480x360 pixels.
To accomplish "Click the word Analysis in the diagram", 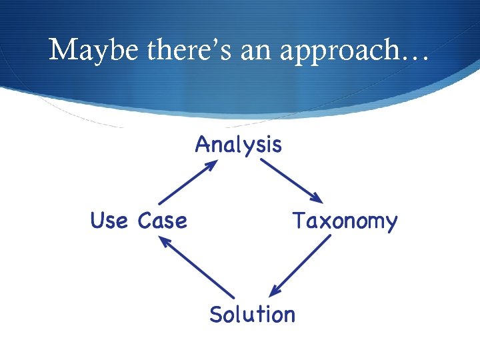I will pos(238,145).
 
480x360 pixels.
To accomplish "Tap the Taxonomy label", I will pos(345,221).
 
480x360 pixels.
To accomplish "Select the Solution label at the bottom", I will pos(252,313).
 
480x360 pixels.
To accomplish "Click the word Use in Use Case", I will pos(110,220).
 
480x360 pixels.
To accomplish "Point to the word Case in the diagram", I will pos(162,220).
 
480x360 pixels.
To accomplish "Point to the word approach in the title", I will pos(333,51).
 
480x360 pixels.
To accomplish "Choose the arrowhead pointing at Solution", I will pos(274,291).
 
